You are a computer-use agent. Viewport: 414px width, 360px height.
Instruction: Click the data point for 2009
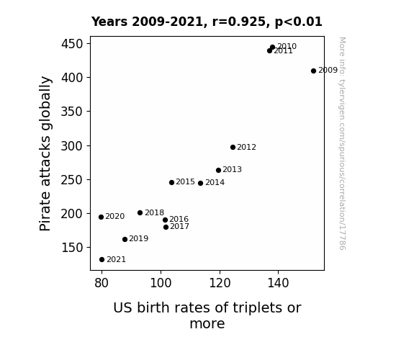click(x=313, y=71)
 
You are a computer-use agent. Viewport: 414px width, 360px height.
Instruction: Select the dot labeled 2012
click(x=233, y=147)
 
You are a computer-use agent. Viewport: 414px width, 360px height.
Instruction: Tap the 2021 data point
click(x=102, y=260)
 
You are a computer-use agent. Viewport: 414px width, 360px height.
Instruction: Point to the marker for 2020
click(x=101, y=217)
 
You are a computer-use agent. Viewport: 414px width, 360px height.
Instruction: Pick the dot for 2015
click(x=171, y=182)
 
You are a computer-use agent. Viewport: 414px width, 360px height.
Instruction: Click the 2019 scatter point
click(x=125, y=239)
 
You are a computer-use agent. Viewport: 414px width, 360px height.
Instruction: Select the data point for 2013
click(x=218, y=170)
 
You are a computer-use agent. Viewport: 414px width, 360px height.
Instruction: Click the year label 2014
click(x=215, y=182)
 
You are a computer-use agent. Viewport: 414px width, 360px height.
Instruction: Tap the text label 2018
click(x=155, y=212)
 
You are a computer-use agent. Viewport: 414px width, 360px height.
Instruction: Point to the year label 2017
click(x=179, y=226)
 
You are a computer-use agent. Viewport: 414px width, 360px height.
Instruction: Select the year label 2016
click(x=179, y=219)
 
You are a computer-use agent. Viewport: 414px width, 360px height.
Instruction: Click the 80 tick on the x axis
click(x=102, y=283)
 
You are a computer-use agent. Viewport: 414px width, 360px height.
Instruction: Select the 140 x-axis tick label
click(x=278, y=283)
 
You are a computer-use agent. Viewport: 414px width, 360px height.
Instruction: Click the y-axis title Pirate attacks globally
click(x=45, y=153)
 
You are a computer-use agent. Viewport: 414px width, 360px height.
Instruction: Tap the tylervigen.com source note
click(x=342, y=143)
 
